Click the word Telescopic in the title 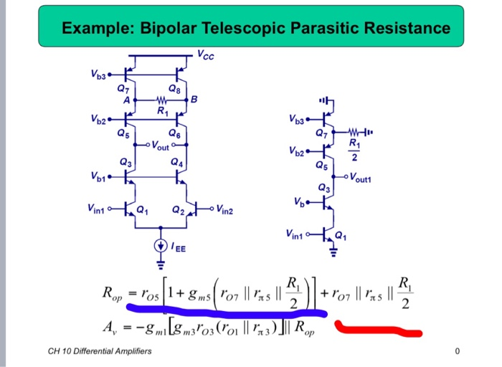coord(247,29)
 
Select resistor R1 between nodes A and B coord(161,100)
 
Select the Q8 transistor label coord(174,89)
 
